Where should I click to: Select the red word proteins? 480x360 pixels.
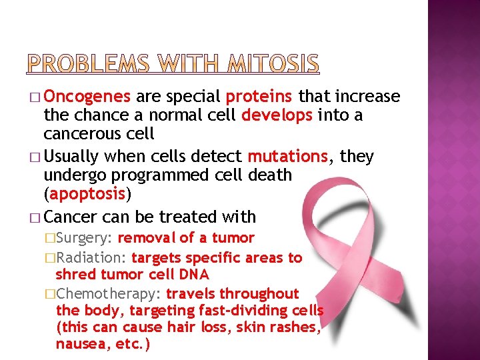tap(260, 97)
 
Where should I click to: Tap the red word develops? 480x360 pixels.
tap(276, 115)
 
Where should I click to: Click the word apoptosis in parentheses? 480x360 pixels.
tap(87, 194)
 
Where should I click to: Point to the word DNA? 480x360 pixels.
tap(193, 275)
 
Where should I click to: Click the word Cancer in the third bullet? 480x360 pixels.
tap(71, 217)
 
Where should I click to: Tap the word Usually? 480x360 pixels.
tap(71, 157)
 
